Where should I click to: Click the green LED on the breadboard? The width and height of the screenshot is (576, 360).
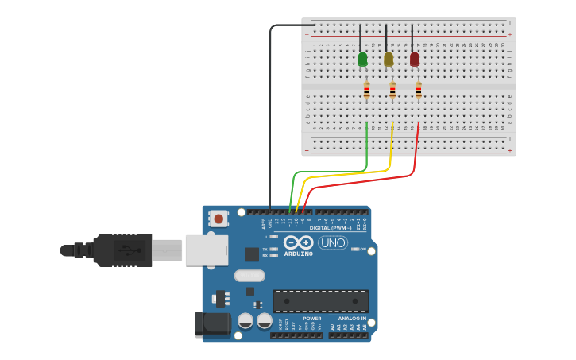pos(363,60)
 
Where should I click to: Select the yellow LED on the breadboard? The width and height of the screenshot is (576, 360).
pos(389,60)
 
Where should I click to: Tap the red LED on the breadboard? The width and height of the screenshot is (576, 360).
pos(414,60)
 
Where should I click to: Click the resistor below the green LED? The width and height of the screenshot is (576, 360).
pos(366,91)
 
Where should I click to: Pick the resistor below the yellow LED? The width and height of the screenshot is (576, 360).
pos(392,91)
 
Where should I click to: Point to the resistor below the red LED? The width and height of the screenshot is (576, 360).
pos(419,91)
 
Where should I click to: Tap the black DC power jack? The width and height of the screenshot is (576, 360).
pos(212,324)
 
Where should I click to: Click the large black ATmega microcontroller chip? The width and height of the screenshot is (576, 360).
pos(320,301)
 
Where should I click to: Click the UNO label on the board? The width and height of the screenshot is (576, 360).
pos(333,243)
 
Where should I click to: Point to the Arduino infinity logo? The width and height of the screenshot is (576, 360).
pos(298,242)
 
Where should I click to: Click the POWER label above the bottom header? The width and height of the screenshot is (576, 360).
pos(312,319)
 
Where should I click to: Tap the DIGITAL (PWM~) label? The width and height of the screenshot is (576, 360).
pos(331,228)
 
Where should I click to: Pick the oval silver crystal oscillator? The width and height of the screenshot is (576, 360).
pos(249,276)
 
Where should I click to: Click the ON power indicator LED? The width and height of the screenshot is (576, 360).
pos(355,250)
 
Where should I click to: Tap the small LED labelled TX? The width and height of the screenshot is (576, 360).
pos(273,249)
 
